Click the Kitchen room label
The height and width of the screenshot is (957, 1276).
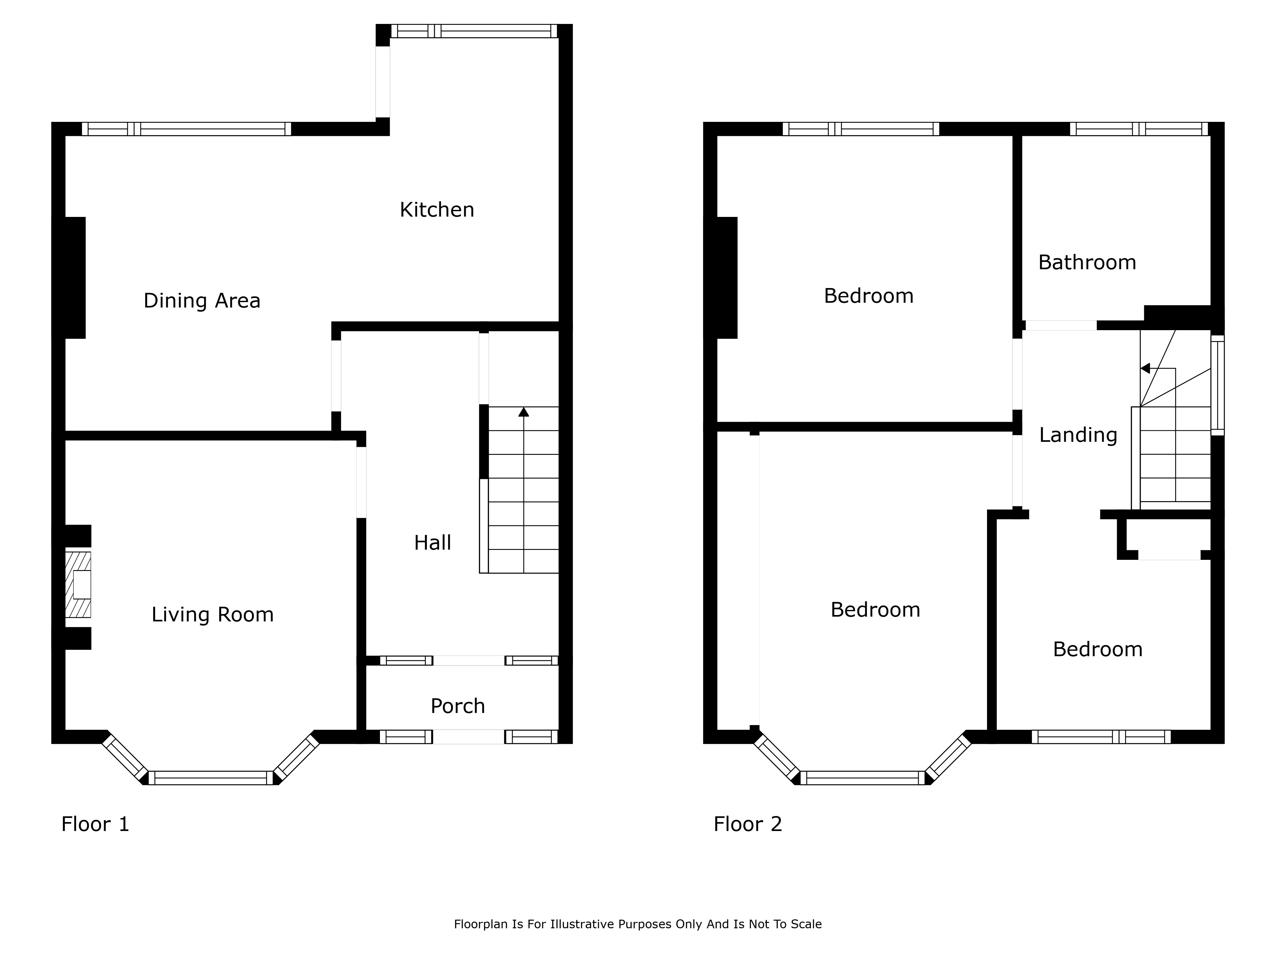(x=437, y=209)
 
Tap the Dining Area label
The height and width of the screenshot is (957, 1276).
(x=202, y=300)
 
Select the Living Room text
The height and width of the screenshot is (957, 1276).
(x=212, y=614)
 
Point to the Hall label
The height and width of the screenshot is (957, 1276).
(x=433, y=542)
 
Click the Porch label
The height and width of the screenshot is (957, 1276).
(x=457, y=706)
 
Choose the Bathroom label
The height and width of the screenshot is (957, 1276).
(x=1087, y=263)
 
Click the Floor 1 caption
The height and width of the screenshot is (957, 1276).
(x=95, y=824)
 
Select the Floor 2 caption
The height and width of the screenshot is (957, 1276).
(x=748, y=824)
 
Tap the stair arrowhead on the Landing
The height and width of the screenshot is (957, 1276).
(x=1146, y=368)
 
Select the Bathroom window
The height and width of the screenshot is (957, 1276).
(x=1139, y=129)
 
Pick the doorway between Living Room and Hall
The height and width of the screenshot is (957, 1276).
(x=361, y=482)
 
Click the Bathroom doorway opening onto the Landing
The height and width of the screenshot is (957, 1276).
(x=1061, y=325)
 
